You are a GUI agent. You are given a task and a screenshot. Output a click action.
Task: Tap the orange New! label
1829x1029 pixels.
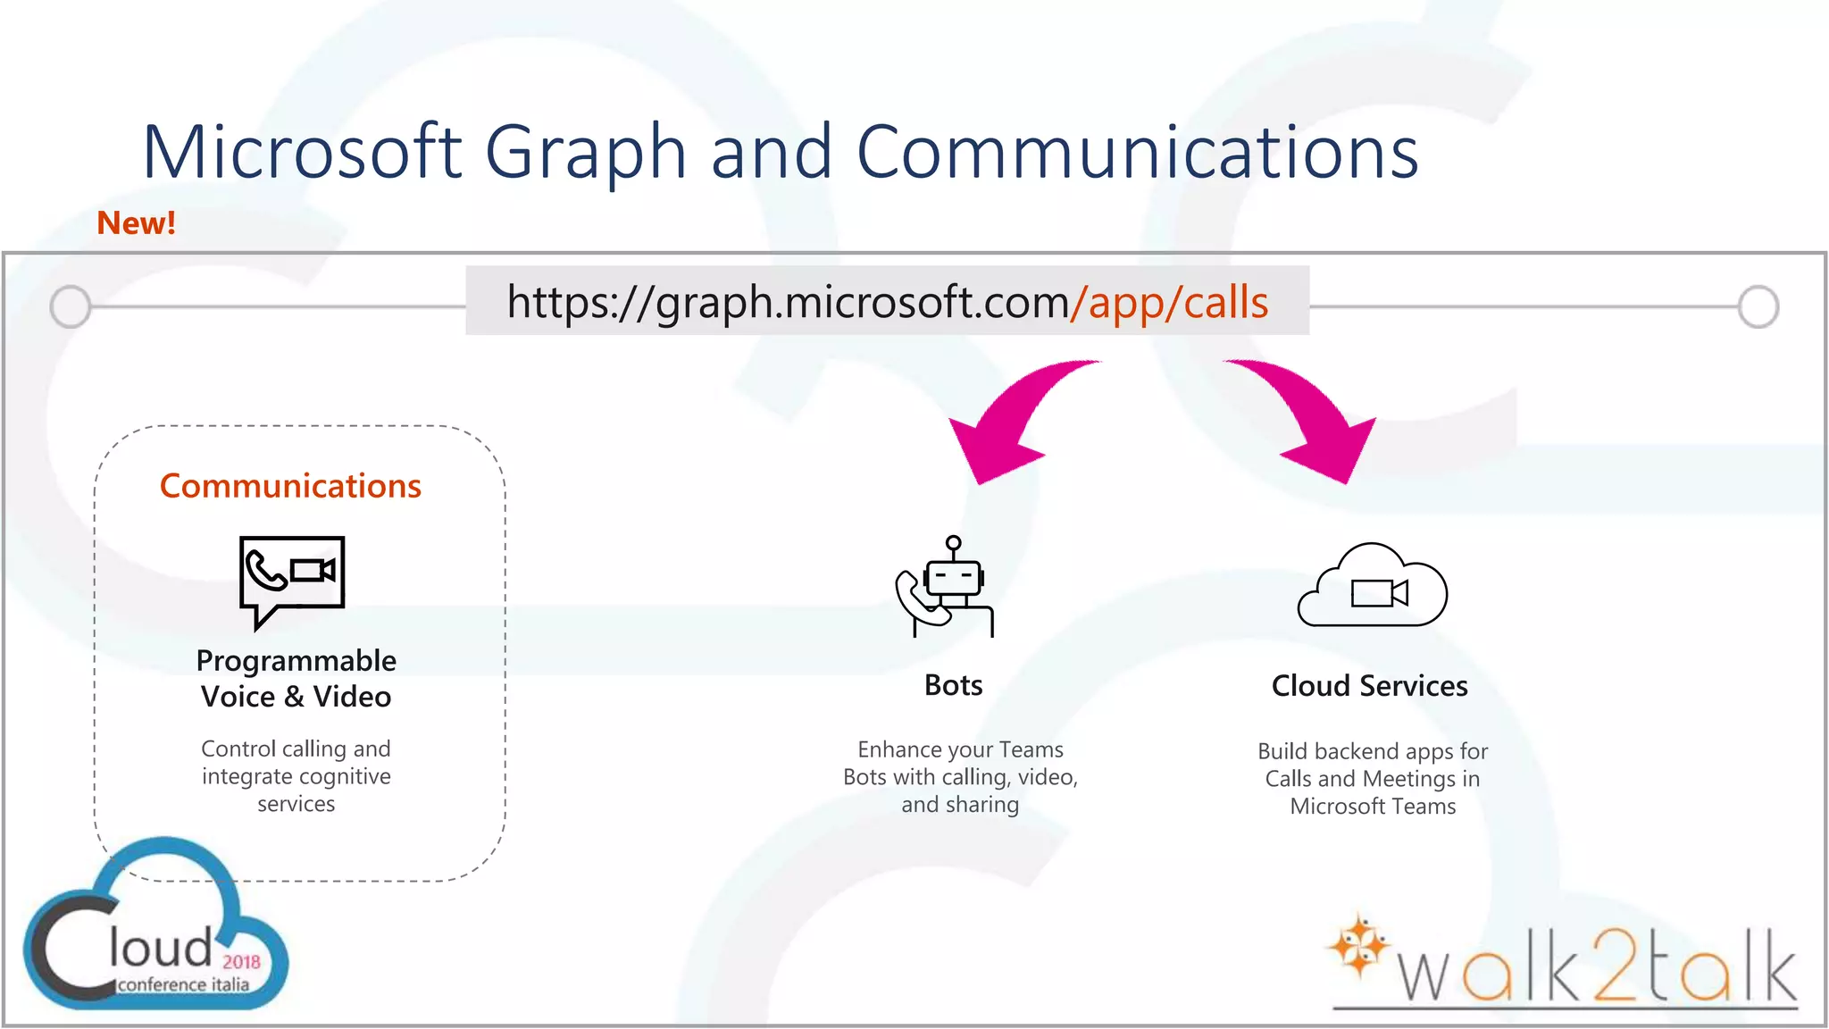136,223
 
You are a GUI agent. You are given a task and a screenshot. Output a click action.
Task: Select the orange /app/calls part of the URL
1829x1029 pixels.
1169,302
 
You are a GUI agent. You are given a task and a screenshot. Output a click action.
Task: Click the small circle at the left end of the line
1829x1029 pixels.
71,306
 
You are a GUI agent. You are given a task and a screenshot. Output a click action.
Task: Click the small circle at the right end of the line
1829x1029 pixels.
1758,306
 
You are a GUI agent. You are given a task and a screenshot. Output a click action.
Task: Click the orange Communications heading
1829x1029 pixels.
290,486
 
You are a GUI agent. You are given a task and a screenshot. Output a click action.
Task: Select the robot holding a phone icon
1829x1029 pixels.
947,588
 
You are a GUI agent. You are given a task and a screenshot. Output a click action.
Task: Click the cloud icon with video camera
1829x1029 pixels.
1372,587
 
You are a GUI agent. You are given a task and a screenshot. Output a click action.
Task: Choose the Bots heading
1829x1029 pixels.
953,685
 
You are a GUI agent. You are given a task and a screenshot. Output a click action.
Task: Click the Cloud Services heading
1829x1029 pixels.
1369,686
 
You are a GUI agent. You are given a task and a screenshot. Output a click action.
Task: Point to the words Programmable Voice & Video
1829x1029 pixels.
296,679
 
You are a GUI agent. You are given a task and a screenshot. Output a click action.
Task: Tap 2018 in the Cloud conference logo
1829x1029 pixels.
241,962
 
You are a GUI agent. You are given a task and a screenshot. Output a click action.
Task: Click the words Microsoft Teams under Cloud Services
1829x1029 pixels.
1373,807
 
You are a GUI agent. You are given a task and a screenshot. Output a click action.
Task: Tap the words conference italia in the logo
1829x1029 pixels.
183,984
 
